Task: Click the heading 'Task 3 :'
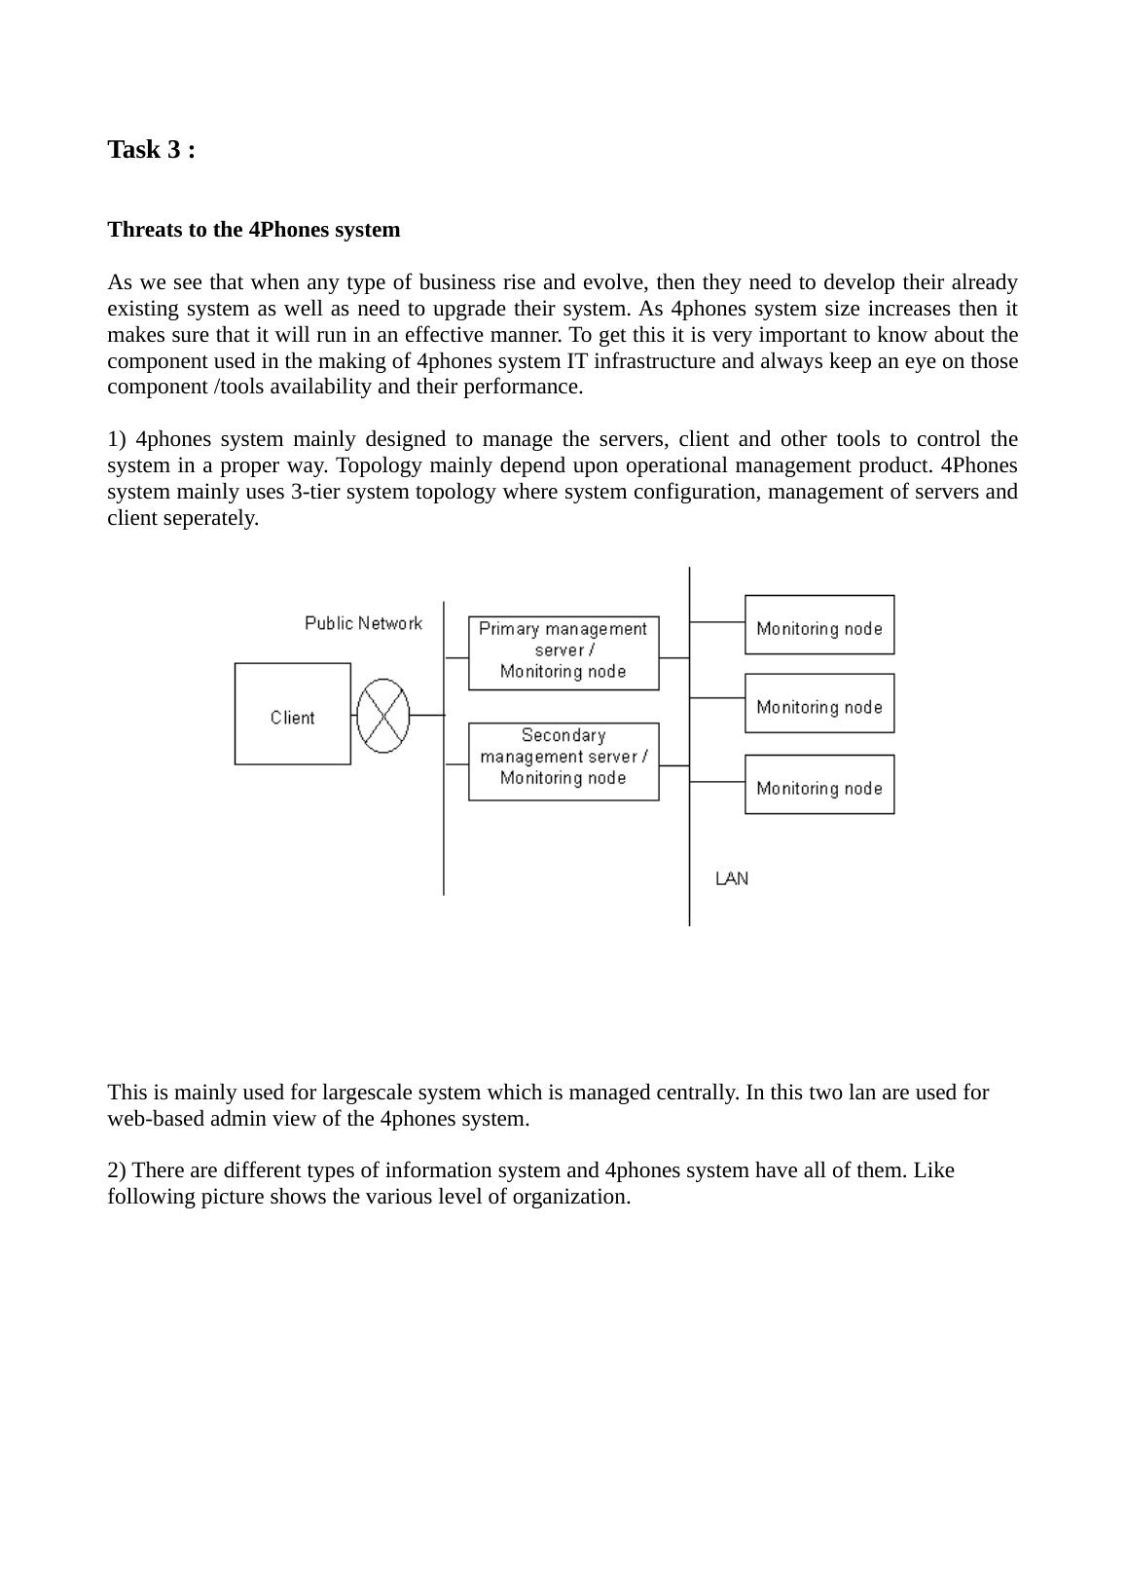[151, 150]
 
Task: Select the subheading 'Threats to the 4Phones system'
[253, 230]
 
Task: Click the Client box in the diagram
[292, 714]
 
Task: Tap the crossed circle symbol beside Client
[383, 715]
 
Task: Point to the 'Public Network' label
[363, 623]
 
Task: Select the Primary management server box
[563, 652]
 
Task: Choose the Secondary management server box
[563, 760]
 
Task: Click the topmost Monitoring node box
[818, 624]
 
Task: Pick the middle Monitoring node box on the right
[818, 703]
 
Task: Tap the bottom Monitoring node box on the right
[818, 784]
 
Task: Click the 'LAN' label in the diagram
[732, 878]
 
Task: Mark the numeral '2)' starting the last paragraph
[117, 1170]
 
